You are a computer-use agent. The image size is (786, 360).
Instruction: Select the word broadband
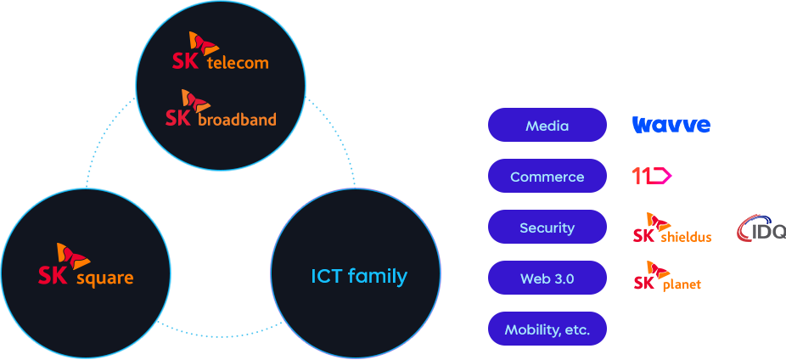[x=237, y=120]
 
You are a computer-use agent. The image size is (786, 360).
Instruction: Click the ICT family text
[x=358, y=276]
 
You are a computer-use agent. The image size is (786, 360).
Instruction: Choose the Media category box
[x=547, y=126]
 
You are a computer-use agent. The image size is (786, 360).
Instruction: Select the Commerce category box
[x=547, y=177]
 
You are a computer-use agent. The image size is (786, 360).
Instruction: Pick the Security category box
[x=547, y=228]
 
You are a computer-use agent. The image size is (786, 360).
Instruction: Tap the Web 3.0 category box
[x=547, y=278]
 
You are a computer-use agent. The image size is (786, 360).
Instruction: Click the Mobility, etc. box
[x=547, y=329]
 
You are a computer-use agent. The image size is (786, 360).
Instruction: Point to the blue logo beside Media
[x=671, y=126]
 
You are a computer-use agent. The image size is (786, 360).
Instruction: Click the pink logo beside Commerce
[x=652, y=176]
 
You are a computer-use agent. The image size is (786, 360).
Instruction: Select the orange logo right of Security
[x=671, y=227]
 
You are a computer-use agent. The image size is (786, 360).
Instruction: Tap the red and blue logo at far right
[x=761, y=228]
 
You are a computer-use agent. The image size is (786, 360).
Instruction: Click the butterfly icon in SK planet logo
[x=652, y=270]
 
